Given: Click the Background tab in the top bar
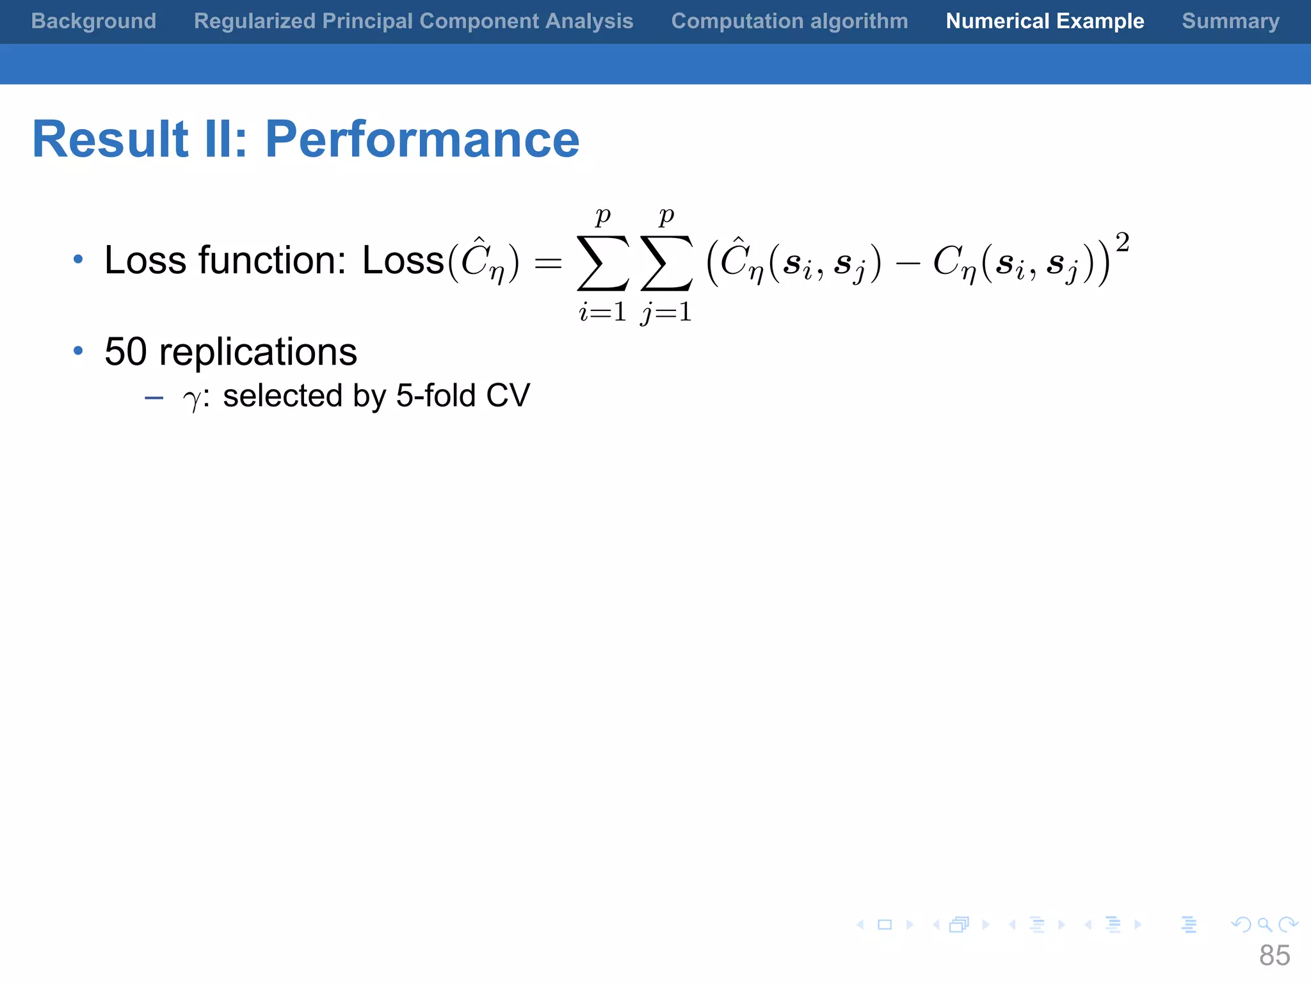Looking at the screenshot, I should [93, 21].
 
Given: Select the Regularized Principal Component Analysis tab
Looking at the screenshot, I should [414, 21].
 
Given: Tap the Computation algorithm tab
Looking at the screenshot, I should [789, 21].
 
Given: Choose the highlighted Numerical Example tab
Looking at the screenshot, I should [1045, 21].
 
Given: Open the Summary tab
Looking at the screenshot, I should [1230, 21].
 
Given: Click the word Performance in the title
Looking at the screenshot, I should [422, 140].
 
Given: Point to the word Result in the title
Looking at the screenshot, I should [110, 140].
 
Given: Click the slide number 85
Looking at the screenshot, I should [1274, 955].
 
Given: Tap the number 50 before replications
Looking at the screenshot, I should [125, 352].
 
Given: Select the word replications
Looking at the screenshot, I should [258, 353].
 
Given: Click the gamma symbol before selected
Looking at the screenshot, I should [191, 399].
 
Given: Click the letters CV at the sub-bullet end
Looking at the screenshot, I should [508, 396].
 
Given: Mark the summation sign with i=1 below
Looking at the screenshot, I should [602, 262].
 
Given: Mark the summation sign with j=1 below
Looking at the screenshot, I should [666, 262].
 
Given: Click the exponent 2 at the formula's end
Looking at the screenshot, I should [1122, 243].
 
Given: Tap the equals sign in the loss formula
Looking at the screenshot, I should [548, 262].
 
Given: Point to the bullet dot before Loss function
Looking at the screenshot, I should [78, 259].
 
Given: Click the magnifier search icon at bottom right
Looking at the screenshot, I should [1264, 925].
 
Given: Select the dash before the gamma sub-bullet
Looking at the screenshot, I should [154, 398].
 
